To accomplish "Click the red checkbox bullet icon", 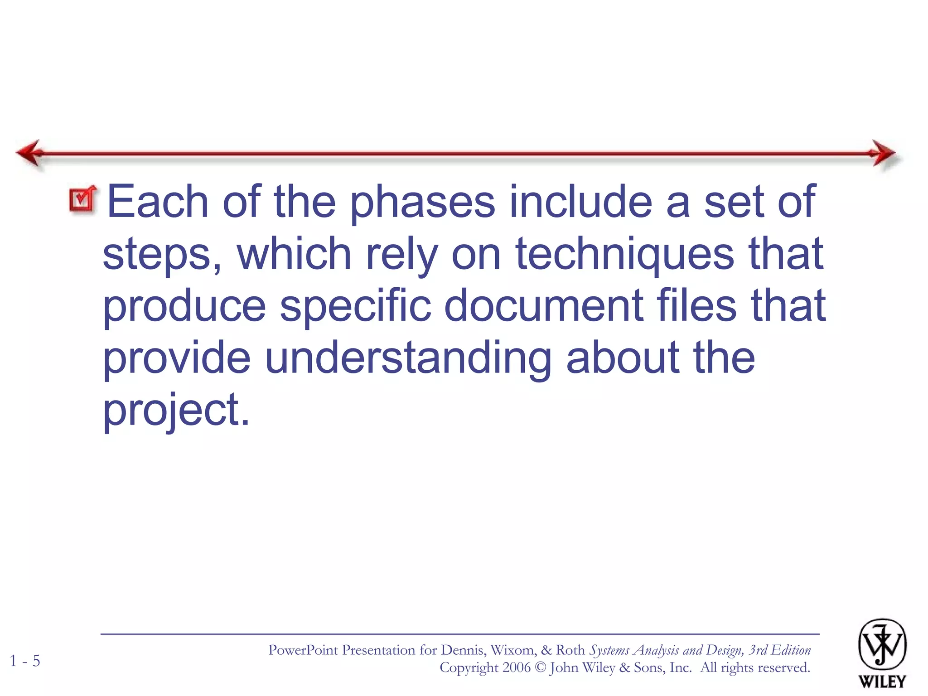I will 82,199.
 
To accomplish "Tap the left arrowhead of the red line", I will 30,153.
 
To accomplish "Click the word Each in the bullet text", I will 157,202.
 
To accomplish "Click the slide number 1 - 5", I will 25,661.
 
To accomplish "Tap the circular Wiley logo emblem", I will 882,644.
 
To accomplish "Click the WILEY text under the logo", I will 882,681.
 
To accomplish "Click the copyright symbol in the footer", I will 540,668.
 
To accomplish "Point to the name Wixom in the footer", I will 512,650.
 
